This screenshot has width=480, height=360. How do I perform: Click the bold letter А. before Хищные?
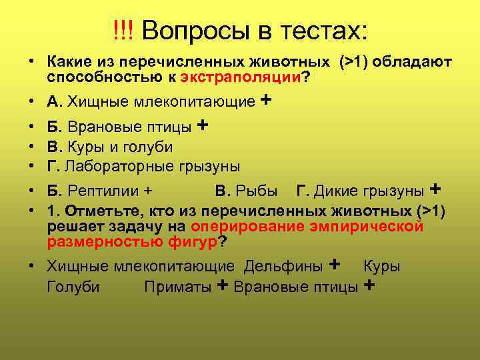click(x=54, y=102)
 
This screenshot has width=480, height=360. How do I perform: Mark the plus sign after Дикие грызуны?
click(x=437, y=189)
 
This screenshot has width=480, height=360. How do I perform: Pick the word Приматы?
click(x=179, y=287)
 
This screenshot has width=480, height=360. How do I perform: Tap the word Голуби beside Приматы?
click(x=73, y=287)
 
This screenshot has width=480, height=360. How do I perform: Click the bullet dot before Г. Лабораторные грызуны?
click(x=31, y=166)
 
